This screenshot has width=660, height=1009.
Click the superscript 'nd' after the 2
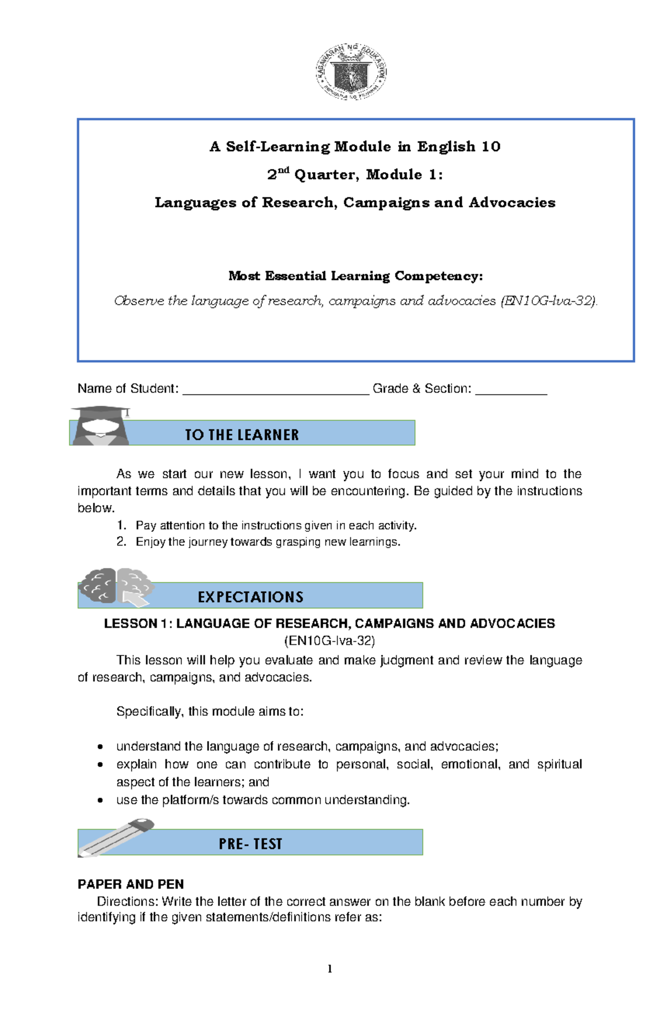(x=283, y=170)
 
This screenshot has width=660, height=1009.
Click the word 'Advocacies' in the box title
(x=512, y=203)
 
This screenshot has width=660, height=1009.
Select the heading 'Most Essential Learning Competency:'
(x=355, y=276)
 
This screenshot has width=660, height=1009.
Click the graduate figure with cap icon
(x=100, y=426)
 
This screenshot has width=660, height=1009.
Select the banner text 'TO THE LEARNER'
(x=241, y=435)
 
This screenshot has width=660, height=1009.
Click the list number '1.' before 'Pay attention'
(x=122, y=526)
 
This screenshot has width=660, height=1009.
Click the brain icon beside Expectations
(x=116, y=587)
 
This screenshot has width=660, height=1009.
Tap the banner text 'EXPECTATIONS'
(x=250, y=597)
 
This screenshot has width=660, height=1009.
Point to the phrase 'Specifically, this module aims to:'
(x=210, y=712)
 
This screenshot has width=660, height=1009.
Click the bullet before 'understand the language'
(x=100, y=747)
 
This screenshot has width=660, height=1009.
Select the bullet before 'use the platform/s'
(x=100, y=801)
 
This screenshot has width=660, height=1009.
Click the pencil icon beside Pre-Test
(x=116, y=837)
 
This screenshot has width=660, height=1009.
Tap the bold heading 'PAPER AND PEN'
(x=131, y=884)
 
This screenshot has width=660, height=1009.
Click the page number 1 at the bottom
(x=329, y=969)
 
